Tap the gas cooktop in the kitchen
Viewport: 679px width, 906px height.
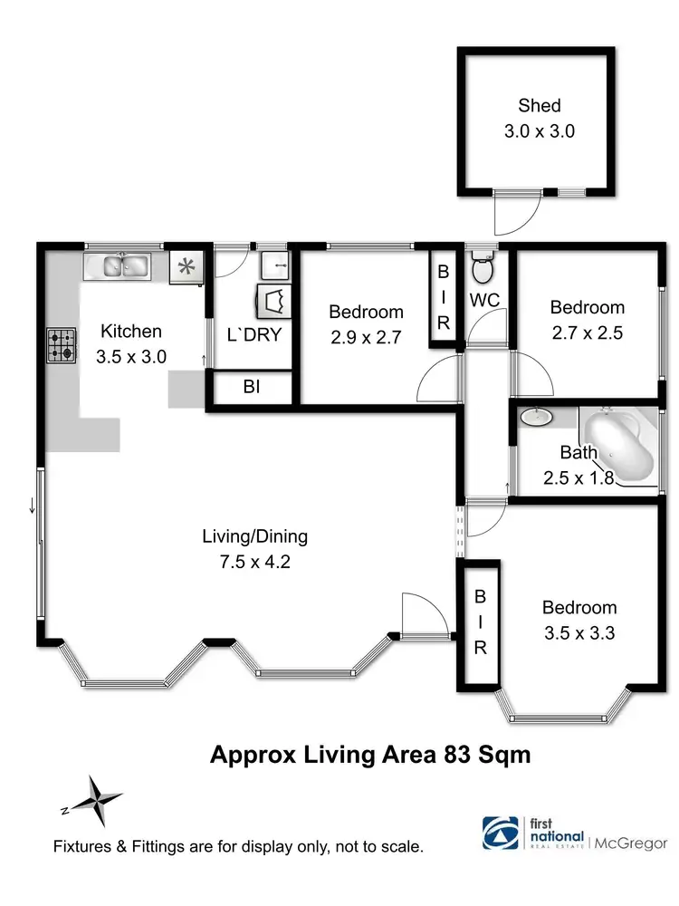point(62,345)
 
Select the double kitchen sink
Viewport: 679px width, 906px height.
point(125,266)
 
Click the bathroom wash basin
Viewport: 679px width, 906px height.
point(538,418)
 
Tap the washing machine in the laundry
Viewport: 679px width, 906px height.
point(275,300)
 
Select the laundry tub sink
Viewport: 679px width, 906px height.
point(274,266)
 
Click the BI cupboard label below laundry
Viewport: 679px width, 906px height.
point(252,387)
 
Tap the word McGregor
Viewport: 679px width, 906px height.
point(631,843)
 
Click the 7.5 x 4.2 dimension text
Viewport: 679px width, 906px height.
point(254,561)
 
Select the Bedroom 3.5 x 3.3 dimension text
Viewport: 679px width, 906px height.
point(579,633)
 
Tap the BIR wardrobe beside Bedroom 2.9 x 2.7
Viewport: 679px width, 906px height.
point(444,297)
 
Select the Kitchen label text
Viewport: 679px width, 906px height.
point(131,331)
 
